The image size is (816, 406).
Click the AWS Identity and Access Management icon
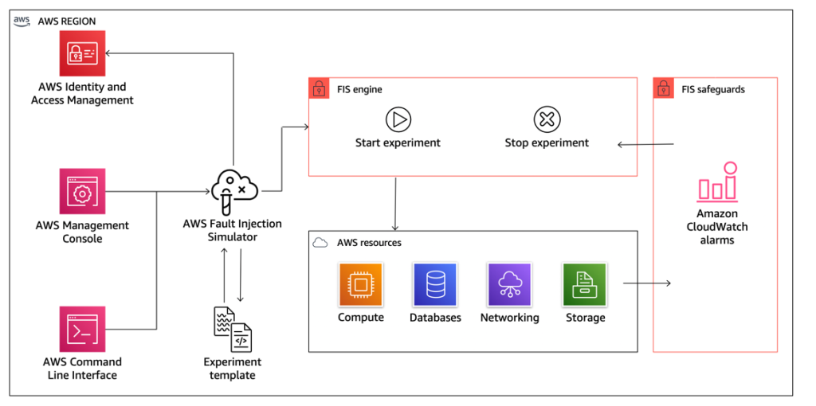tap(82, 53)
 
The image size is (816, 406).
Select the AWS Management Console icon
tap(82, 191)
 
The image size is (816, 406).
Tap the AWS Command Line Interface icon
tap(82, 329)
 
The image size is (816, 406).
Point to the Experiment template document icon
tap(232, 329)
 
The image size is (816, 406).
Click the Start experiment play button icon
tap(398, 120)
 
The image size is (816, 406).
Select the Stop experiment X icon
tap(547, 120)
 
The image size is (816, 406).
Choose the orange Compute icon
tap(361, 285)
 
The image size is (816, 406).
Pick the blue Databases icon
tap(434, 285)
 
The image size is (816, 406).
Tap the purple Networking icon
tap(509, 285)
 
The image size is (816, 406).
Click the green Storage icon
tap(585, 285)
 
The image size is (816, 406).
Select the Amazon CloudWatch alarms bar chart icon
tap(717, 182)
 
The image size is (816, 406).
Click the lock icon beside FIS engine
tap(319, 88)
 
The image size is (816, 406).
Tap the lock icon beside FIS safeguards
tap(664, 88)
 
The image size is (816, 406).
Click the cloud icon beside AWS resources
tap(320, 242)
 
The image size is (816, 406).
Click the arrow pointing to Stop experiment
tap(646, 144)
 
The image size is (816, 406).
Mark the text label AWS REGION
tap(67, 21)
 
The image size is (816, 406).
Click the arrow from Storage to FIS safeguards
tap(646, 283)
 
